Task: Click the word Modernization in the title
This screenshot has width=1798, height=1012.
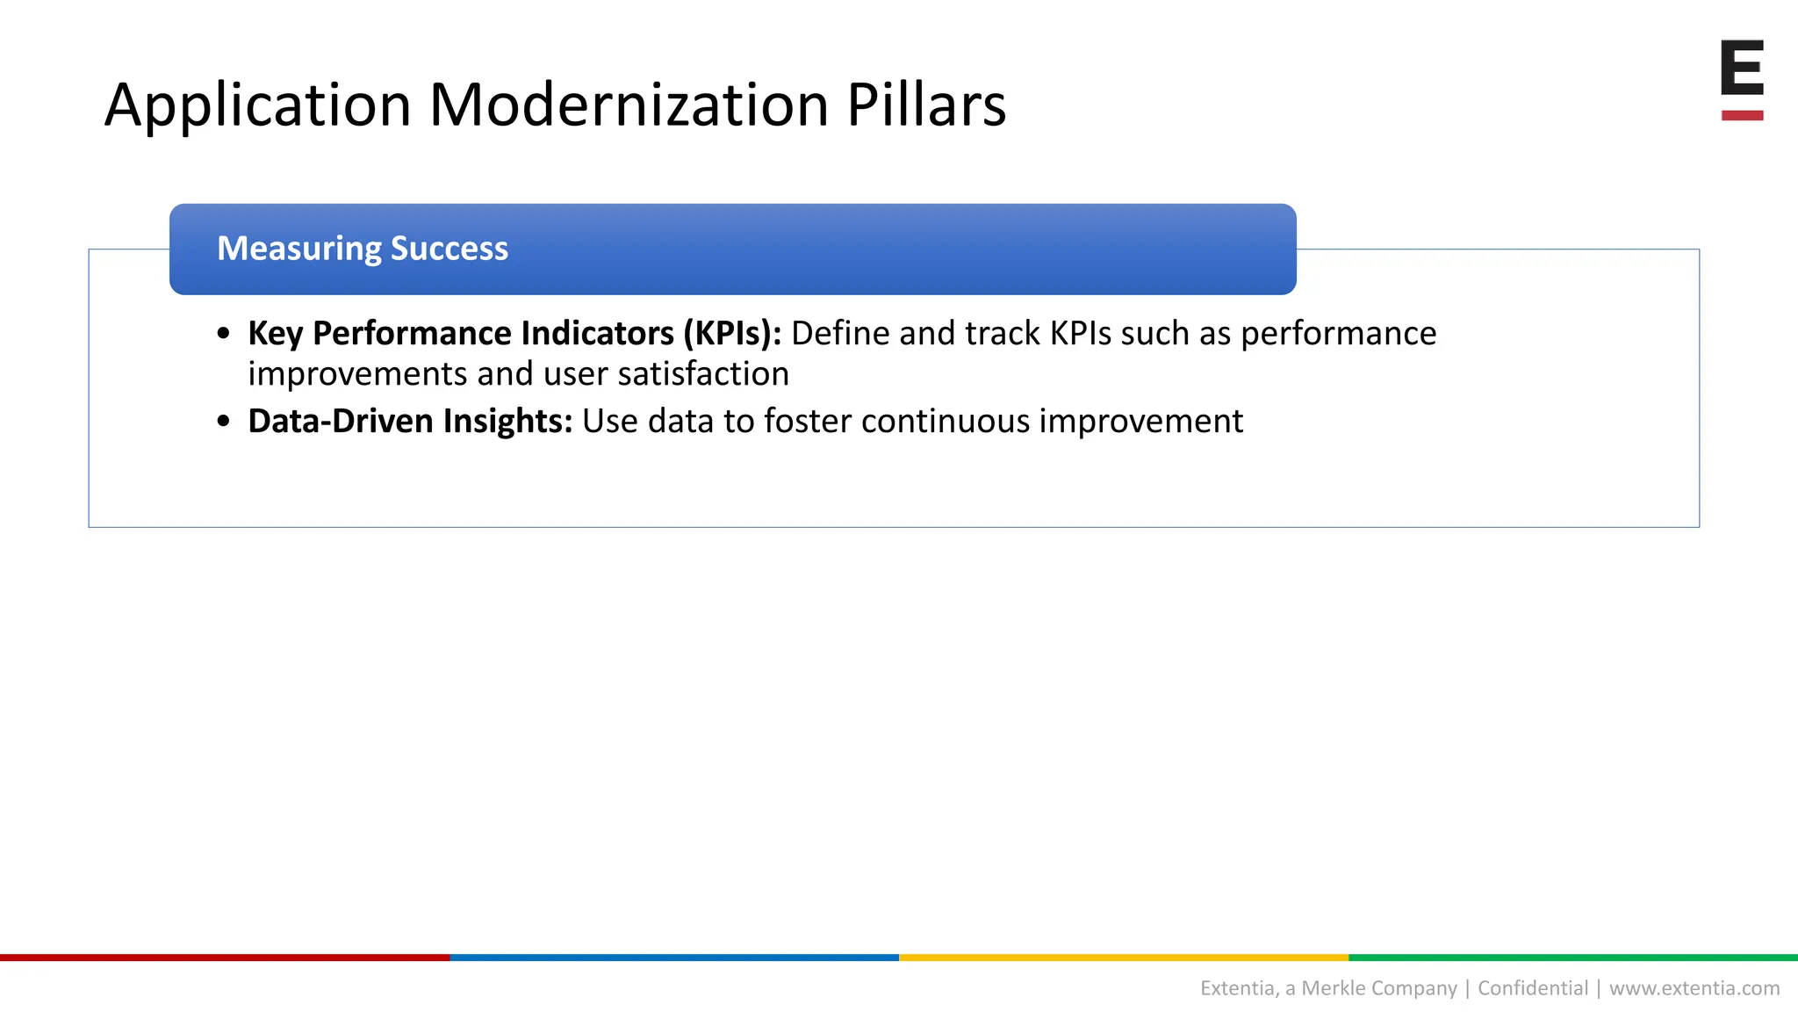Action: tap(629, 105)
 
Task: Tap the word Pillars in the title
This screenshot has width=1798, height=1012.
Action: tap(925, 105)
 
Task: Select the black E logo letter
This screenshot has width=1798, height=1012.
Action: tap(1742, 68)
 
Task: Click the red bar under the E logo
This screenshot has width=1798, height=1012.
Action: tap(1742, 115)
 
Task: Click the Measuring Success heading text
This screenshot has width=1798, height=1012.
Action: tap(362, 249)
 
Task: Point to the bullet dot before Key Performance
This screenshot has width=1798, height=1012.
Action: tap(224, 335)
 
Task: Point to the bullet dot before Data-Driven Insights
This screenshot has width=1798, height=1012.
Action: tap(224, 423)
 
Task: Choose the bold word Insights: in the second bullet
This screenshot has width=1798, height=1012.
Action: tap(507, 422)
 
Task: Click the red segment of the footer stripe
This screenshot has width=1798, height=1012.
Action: tap(225, 958)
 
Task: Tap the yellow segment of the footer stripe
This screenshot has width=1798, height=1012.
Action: tap(1124, 958)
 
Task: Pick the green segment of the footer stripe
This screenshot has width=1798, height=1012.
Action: tap(1573, 958)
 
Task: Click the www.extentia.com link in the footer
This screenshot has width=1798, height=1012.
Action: tap(1694, 988)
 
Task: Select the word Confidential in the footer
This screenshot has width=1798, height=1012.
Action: tap(1533, 988)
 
